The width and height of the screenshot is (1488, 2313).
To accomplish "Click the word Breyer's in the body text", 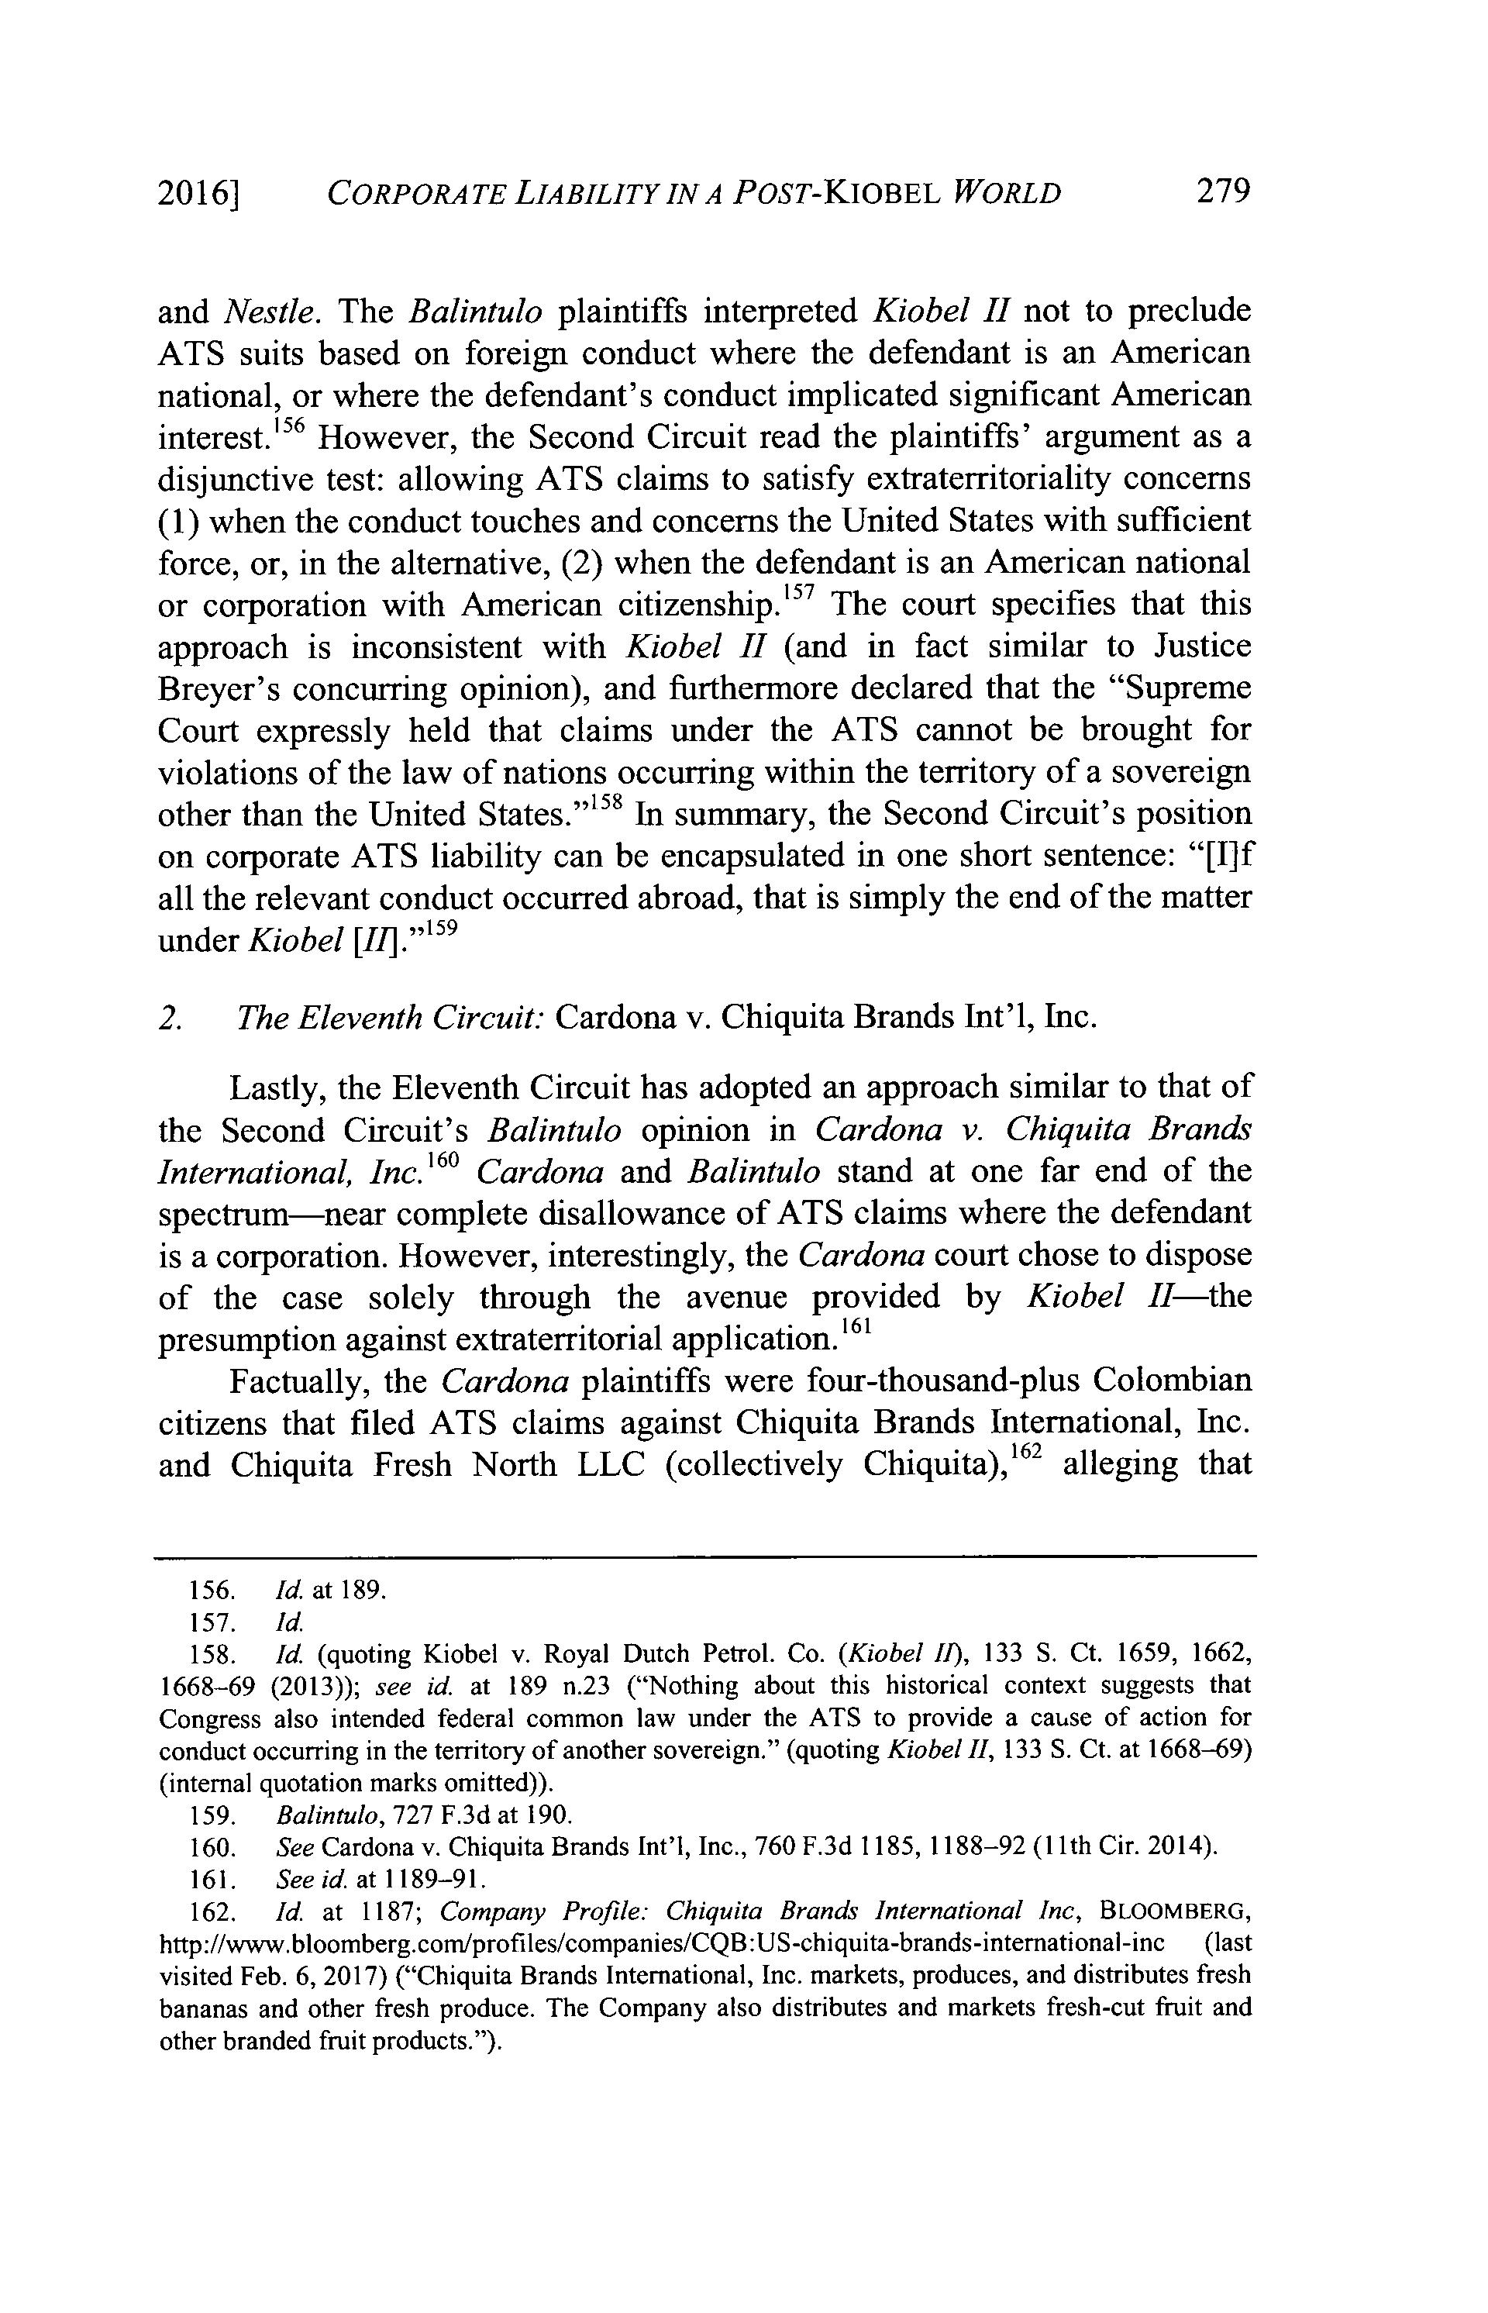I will [218, 689].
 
